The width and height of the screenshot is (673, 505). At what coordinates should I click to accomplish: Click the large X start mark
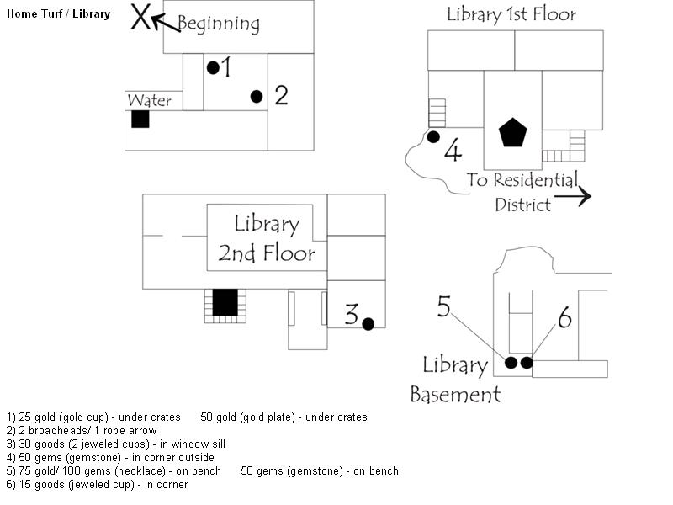[140, 17]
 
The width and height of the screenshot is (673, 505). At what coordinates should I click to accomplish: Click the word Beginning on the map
[219, 24]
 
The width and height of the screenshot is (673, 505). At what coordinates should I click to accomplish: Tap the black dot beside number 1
[213, 67]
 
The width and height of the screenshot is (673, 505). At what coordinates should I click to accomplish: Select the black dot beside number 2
[257, 97]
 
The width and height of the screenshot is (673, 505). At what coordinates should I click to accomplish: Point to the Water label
[150, 100]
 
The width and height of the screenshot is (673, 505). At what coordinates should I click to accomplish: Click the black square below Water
[140, 120]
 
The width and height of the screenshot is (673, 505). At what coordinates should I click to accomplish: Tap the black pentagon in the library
[513, 132]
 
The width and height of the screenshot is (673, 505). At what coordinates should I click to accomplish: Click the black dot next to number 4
[433, 137]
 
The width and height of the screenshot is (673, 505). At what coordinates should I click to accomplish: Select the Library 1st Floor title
[511, 14]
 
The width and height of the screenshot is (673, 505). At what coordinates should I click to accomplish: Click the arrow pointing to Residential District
[573, 197]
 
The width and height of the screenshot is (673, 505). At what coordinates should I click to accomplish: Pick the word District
[522, 205]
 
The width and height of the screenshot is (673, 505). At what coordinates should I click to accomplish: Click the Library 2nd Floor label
[267, 238]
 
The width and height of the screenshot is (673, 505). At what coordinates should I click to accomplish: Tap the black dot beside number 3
[368, 324]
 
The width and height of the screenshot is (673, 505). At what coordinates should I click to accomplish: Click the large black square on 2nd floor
[225, 302]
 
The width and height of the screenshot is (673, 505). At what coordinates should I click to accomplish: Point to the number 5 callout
[444, 306]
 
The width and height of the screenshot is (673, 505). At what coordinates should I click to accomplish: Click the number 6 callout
[564, 318]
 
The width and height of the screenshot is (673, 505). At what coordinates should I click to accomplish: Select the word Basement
[455, 394]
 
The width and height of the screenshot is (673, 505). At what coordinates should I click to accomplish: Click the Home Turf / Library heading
[58, 13]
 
